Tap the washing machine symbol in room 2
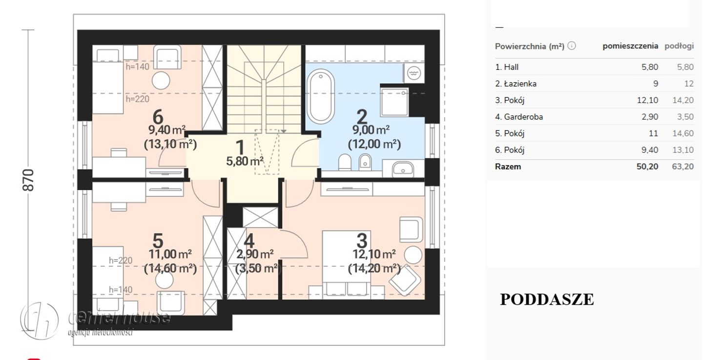414,73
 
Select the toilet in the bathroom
345,162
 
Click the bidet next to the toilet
365,162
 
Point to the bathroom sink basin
403,169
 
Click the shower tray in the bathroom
394,102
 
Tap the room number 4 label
248,241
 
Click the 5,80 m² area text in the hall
245,161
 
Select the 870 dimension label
28,180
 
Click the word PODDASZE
547,299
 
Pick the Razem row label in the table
508,167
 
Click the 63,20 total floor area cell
682,167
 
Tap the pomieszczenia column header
630,46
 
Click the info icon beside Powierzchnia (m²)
572,46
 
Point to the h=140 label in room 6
138,66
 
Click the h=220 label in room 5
121,260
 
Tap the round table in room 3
413,255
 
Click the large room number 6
158,117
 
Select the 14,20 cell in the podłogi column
683,100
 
